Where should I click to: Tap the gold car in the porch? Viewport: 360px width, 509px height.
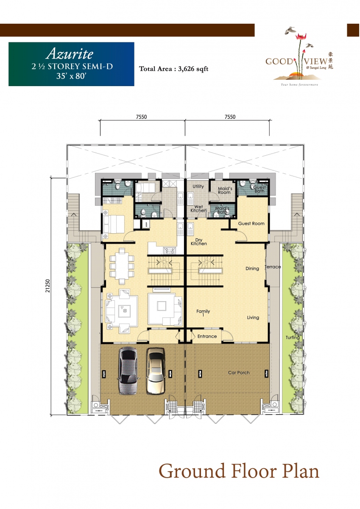click(156, 371)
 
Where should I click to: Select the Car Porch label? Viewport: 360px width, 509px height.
click(239, 372)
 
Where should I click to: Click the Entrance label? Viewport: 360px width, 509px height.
click(207, 336)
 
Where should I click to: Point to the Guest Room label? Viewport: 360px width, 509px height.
click(251, 224)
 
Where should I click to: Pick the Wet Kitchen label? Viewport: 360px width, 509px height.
click(198, 209)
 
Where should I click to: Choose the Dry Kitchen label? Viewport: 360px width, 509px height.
click(198, 241)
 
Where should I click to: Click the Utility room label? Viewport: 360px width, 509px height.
click(198, 186)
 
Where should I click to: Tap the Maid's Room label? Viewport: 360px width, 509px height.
click(224, 190)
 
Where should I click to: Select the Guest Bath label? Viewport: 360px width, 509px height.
click(260, 189)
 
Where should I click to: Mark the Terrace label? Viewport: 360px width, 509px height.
click(273, 267)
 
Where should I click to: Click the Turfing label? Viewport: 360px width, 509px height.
click(292, 338)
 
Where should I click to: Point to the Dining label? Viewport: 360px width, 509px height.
click(252, 268)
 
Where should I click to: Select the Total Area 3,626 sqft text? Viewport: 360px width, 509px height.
click(174, 68)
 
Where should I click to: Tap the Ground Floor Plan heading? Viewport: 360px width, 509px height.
click(239, 472)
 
